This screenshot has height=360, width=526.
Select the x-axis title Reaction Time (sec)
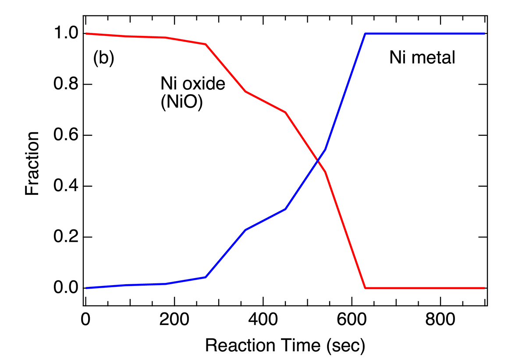point(285,346)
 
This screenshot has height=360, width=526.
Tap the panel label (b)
point(103,59)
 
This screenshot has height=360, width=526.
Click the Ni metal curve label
point(422,58)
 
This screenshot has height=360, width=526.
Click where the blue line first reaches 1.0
point(365,34)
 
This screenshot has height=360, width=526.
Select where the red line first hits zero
point(365,288)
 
